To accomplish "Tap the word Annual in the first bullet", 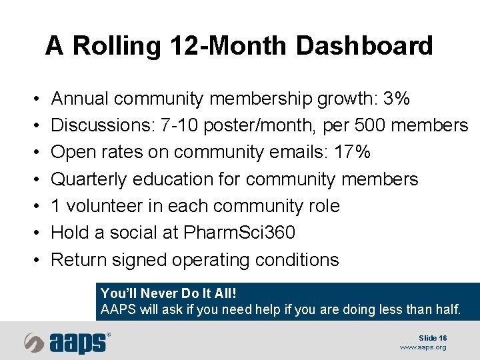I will click(x=80, y=99).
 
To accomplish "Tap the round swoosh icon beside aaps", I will click(x=34, y=342).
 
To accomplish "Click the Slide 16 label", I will click(x=433, y=338).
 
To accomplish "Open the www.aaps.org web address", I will click(x=423, y=347).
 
